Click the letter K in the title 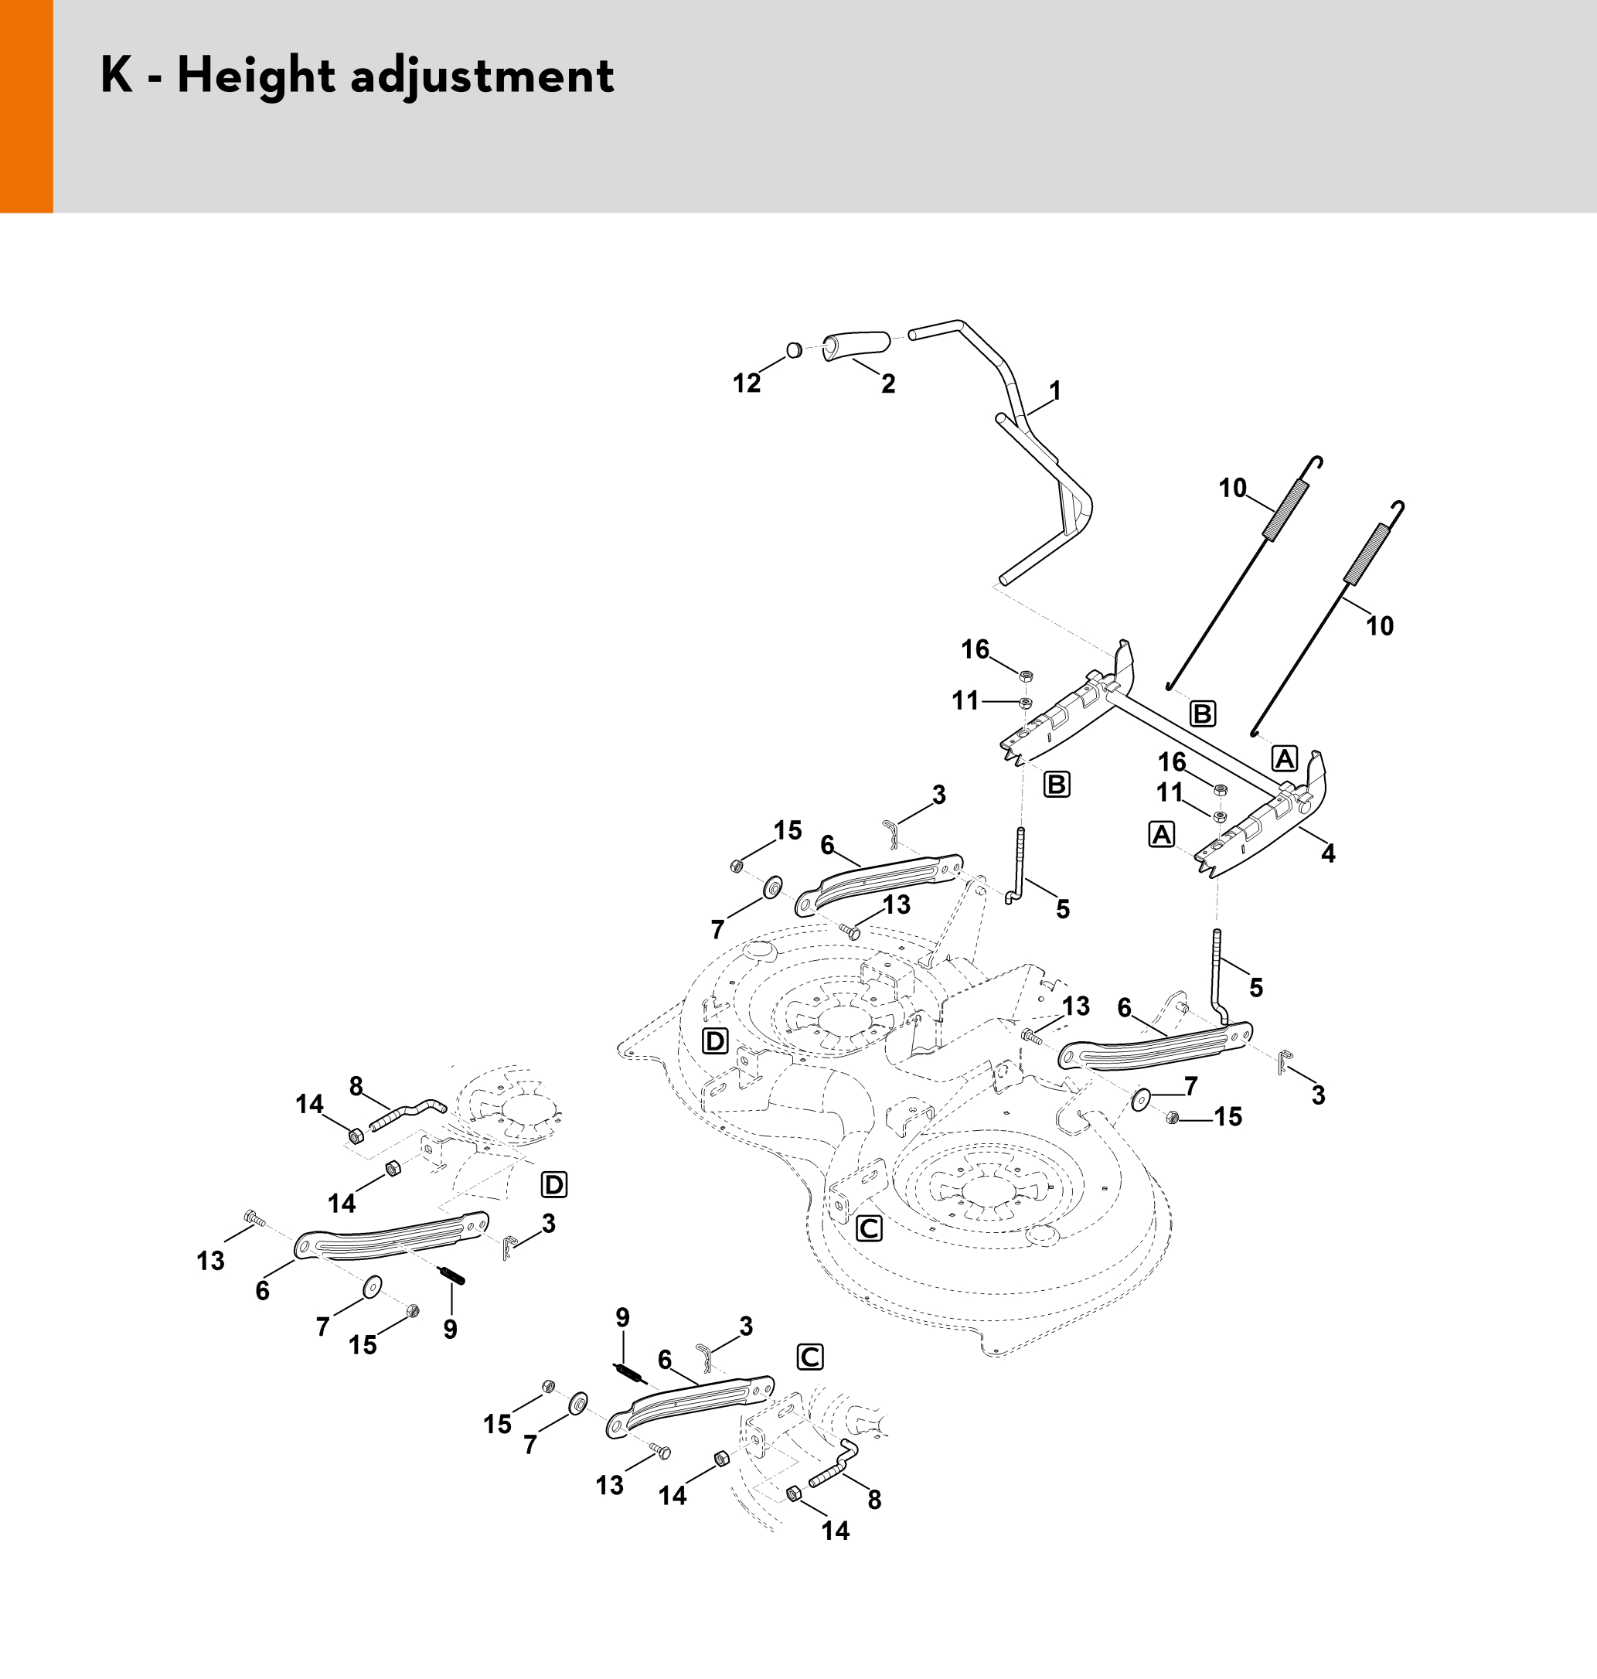tap(117, 76)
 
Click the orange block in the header tap(26, 106)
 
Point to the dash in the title tap(154, 78)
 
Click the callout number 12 tap(747, 384)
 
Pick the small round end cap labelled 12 tap(793, 349)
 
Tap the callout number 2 tap(888, 385)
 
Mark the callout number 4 tap(1328, 853)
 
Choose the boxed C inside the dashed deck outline tap(868, 1228)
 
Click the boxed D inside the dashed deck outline tap(715, 1041)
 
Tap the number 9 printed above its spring tap(623, 1318)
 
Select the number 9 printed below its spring tap(451, 1329)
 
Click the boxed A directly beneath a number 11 tap(1162, 834)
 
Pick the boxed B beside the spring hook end tap(1202, 713)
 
